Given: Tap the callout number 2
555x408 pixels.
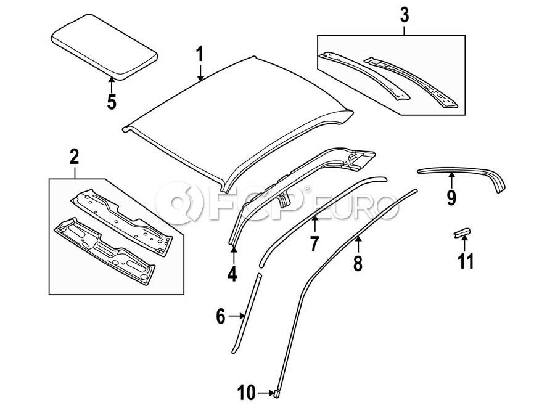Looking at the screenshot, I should pyautogui.click(x=74, y=157).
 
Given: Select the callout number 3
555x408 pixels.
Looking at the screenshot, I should pyautogui.click(x=404, y=15).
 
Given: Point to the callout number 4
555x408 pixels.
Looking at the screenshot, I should pyautogui.click(x=232, y=273).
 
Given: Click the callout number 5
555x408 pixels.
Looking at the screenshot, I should pyautogui.click(x=111, y=102).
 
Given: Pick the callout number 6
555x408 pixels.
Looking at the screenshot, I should pyautogui.click(x=220, y=317).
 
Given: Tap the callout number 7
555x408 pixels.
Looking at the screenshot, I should pyautogui.click(x=314, y=243).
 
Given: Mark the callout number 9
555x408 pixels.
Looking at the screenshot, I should pyautogui.click(x=451, y=197).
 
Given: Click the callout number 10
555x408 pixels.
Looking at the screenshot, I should pyautogui.click(x=245, y=392).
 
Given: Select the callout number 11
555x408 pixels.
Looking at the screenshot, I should pyautogui.click(x=466, y=261).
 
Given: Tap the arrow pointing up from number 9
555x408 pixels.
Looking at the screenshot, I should pyautogui.click(x=451, y=181).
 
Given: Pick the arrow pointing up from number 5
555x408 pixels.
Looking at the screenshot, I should pyautogui.click(x=111, y=83).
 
